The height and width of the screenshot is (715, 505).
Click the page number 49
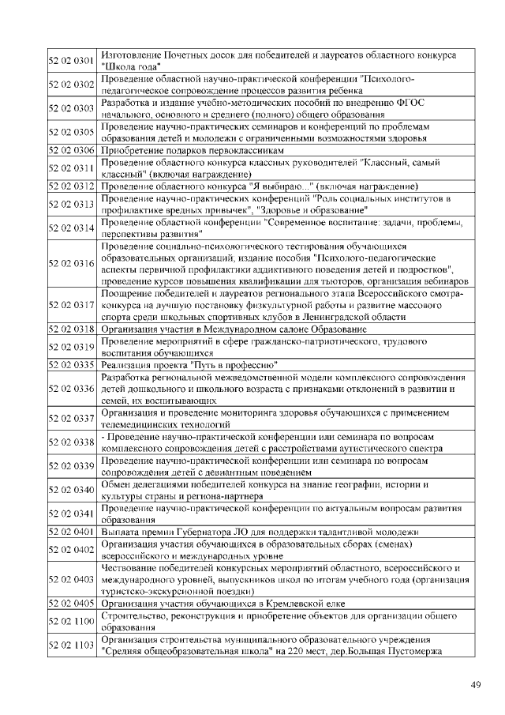[475, 684]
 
